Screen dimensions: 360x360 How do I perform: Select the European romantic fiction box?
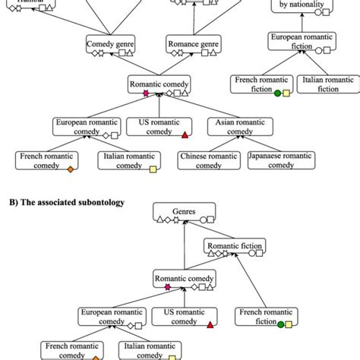302,42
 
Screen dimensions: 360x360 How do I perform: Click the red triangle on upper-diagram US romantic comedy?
185,135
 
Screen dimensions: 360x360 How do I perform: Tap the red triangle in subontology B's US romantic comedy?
210,325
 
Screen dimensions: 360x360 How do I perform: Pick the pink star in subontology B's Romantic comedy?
168,287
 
